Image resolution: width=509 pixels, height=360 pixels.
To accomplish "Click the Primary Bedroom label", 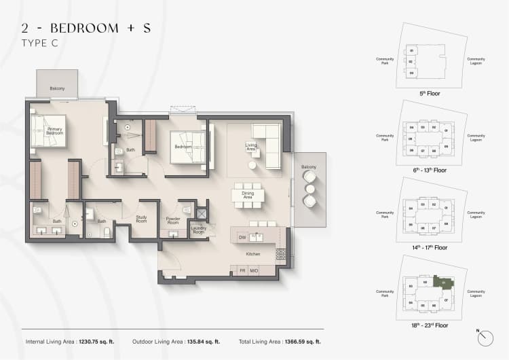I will pyautogui.click(x=55, y=131).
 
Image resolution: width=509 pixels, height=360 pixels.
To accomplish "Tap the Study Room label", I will pyautogui.click(x=141, y=219).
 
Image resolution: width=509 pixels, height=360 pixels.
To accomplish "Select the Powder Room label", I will pyautogui.click(x=173, y=221).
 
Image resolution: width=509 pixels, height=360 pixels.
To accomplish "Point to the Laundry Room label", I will pyautogui.click(x=198, y=230).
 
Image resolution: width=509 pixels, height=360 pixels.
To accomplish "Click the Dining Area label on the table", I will pyautogui.click(x=247, y=196).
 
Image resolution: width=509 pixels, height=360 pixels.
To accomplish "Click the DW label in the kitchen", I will pyautogui.click(x=242, y=237).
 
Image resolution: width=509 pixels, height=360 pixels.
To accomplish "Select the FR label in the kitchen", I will pyautogui.click(x=242, y=271).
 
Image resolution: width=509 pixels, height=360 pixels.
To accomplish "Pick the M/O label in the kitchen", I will pyautogui.click(x=254, y=271).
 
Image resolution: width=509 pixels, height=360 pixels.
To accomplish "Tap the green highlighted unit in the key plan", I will pyautogui.click(x=446, y=283).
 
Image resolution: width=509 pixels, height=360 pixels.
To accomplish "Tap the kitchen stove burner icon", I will pyautogui.click(x=280, y=255).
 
